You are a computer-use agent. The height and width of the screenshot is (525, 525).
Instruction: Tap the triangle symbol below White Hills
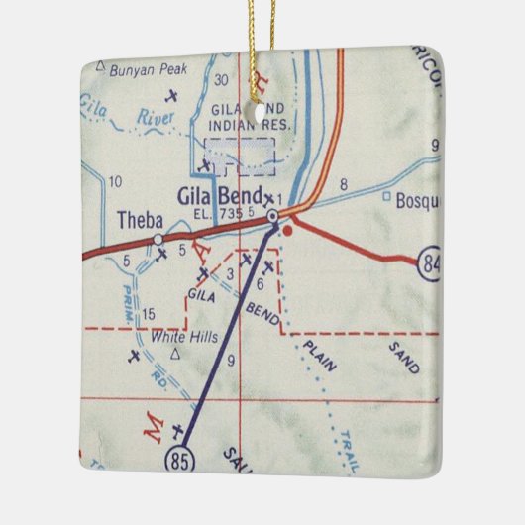point(175,352)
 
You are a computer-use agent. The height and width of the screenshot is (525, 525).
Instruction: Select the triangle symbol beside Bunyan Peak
point(99,67)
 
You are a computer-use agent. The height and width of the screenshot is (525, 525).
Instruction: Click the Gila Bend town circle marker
point(272,215)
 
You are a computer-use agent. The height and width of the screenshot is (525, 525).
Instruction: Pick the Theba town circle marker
point(158,238)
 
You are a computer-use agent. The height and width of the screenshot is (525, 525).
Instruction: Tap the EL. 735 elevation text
point(219,214)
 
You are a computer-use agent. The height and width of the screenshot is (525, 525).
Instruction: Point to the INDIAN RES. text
point(243,126)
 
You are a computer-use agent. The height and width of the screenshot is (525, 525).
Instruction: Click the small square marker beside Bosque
point(385,196)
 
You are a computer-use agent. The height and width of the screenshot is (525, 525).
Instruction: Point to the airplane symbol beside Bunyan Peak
point(172,96)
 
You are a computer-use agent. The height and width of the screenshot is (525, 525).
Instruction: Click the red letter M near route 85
point(153,428)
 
